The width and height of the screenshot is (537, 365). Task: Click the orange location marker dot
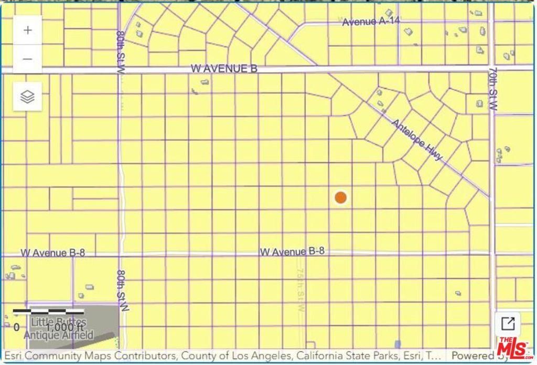[341, 197]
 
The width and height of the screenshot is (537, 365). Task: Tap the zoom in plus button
[28, 30]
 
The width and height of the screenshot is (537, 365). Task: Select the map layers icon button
[28, 97]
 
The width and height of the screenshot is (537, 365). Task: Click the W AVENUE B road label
[224, 68]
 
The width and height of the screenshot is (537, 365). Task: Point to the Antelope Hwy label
[418, 140]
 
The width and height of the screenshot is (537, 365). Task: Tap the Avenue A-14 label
[367, 22]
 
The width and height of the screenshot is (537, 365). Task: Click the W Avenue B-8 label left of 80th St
[52, 253]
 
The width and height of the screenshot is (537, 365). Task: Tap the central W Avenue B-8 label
[292, 252]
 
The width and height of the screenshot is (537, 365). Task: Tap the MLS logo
[513, 348]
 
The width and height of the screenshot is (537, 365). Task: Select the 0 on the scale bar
[17, 327]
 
